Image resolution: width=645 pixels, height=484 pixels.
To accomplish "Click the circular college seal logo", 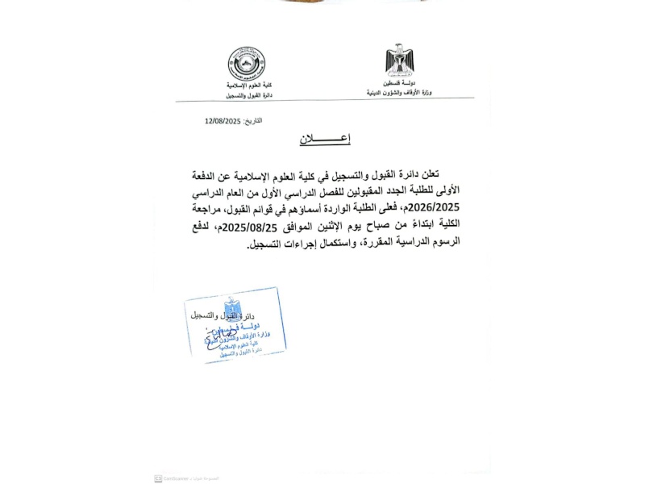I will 246,63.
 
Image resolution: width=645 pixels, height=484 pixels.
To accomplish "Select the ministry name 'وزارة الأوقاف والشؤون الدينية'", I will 399,92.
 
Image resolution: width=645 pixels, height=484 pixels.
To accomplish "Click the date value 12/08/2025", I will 223,120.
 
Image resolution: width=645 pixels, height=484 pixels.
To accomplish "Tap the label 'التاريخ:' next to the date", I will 252,120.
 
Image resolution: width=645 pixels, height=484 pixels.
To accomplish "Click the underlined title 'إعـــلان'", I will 325,139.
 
